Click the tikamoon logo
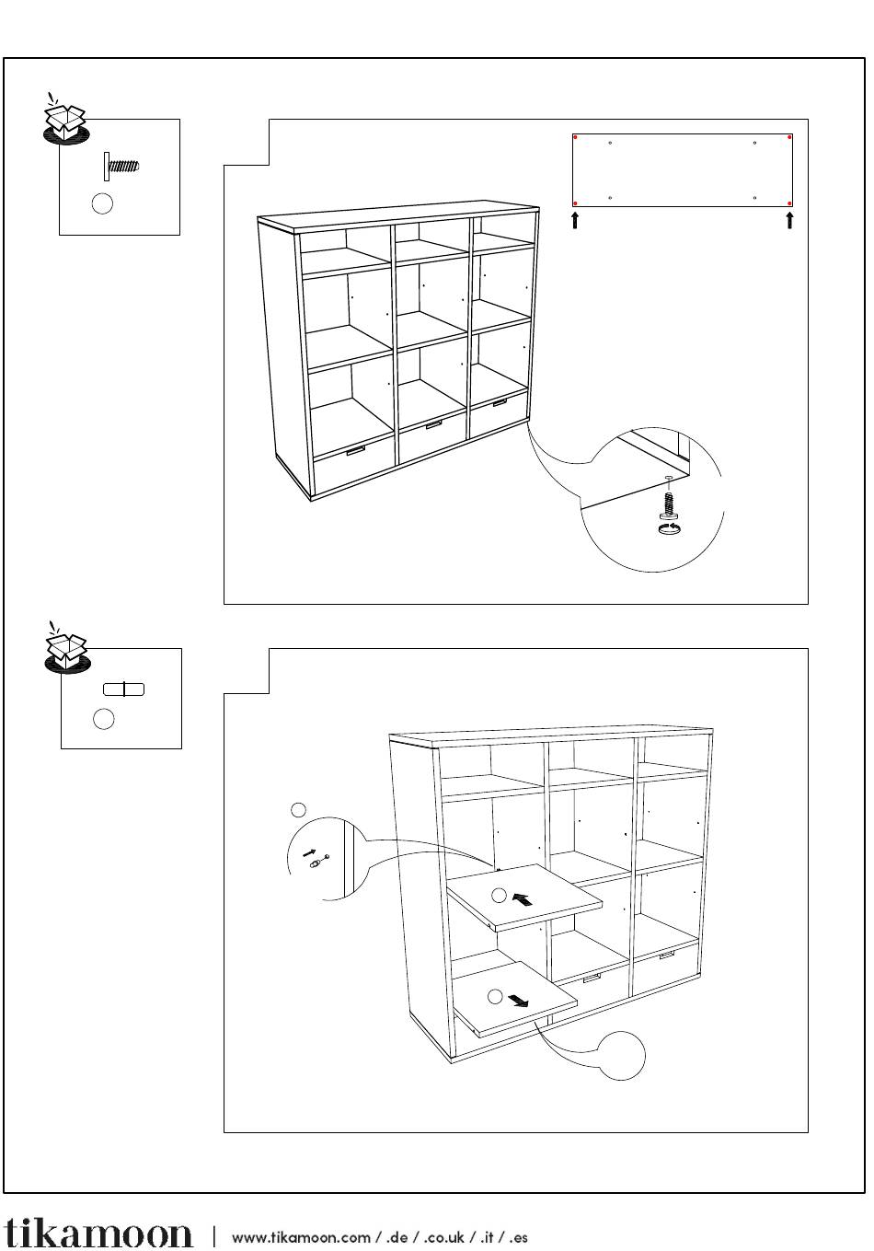click(98, 1234)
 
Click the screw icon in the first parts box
click(121, 168)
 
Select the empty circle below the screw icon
click(103, 203)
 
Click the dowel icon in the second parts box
click(123, 689)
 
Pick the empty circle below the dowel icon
click(104, 719)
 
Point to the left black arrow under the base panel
click(576, 220)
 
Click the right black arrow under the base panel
click(789, 220)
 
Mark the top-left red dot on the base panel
click(576, 138)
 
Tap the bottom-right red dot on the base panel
click(789, 203)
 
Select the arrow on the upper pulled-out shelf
click(523, 899)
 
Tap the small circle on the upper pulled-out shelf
click(498, 895)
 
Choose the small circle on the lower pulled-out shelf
click(494, 996)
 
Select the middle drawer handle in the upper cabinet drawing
click(432, 424)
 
